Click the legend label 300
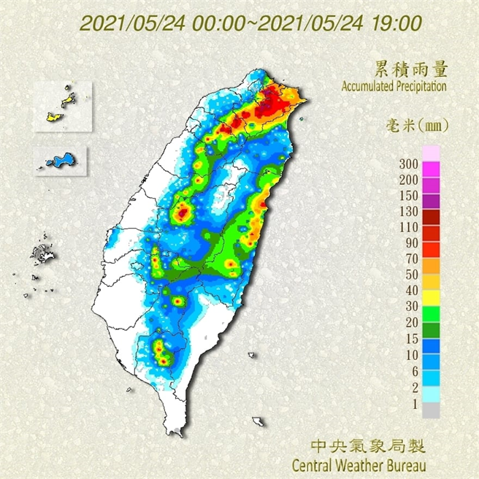(x=409, y=163)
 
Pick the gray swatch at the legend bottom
(x=432, y=412)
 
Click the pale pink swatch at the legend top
(x=432, y=153)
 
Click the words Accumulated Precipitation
(x=394, y=86)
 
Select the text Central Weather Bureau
(x=359, y=464)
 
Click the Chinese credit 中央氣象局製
(x=368, y=445)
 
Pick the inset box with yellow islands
(x=64, y=106)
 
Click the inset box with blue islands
(x=61, y=159)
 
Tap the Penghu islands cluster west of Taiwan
(x=40, y=256)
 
